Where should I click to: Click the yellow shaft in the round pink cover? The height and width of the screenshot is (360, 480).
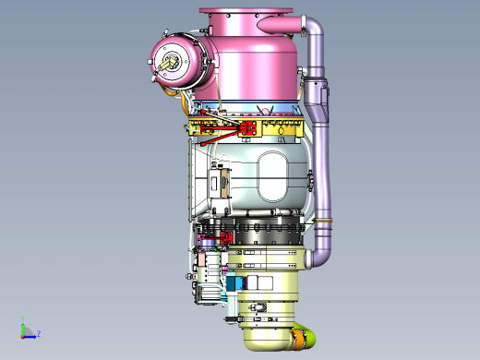168,63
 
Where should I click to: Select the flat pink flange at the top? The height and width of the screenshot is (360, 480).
246,10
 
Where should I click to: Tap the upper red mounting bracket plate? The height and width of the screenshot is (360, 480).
248,127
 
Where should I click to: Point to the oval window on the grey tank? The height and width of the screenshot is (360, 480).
272,176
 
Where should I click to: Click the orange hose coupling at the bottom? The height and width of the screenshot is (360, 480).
299,340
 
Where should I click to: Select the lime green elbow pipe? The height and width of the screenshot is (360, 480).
308,335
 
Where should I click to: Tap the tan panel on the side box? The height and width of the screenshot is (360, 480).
224,184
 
